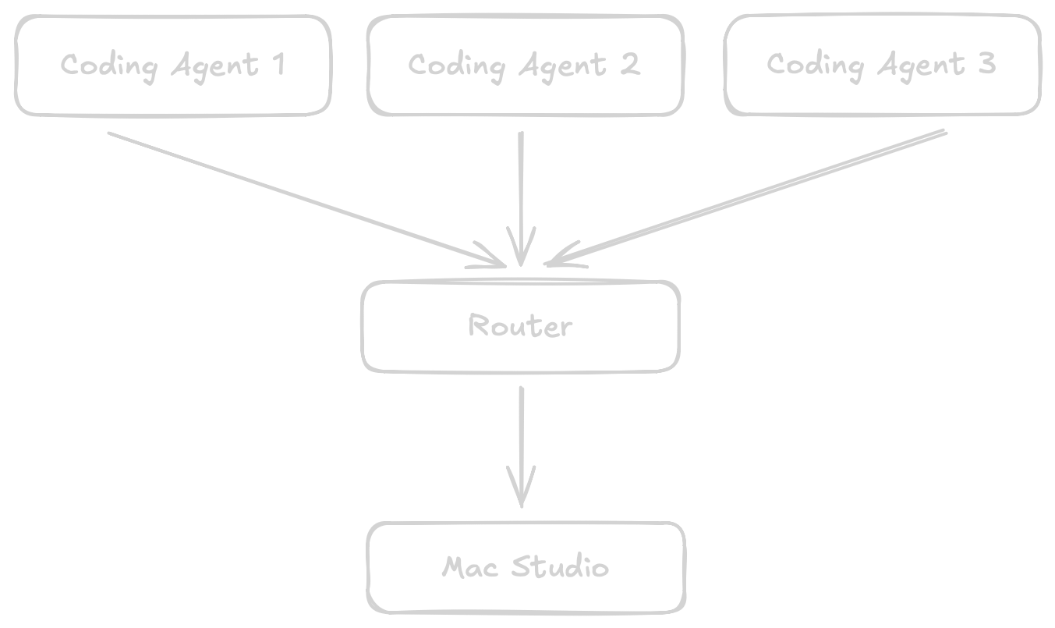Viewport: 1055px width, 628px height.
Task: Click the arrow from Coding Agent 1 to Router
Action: [304, 197]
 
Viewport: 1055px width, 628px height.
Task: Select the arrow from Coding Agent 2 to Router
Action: [520, 195]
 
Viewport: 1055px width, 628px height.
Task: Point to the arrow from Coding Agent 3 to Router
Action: [749, 197]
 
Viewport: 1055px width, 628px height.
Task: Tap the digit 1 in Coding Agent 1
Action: [278, 65]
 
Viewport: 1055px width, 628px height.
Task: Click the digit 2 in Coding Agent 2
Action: [630, 65]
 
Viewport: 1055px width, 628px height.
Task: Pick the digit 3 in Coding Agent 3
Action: [986, 64]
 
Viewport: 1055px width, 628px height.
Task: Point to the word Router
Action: [520, 325]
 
